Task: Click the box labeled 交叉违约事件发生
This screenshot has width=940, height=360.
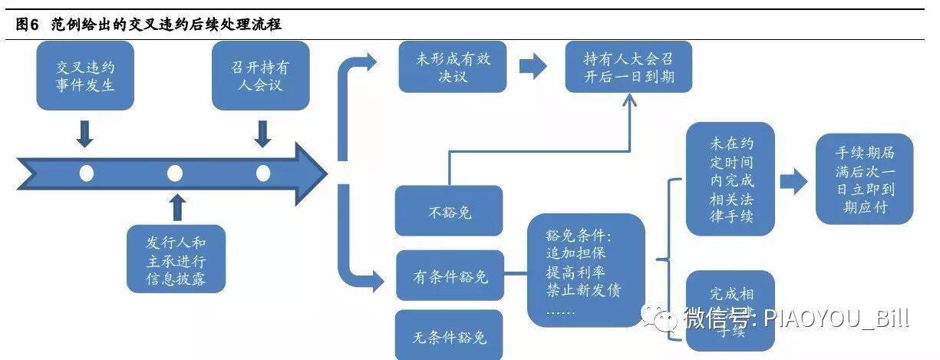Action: (x=86, y=76)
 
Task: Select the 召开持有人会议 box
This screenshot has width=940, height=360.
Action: (x=261, y=76)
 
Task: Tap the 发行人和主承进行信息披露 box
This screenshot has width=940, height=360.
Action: (x=176, y=259)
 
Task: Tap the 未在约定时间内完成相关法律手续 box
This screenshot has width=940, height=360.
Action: (x=730, y=179)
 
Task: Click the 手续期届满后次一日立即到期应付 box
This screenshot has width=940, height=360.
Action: (x=865, y=179)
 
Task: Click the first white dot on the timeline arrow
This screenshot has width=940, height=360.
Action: (x=87, y=173)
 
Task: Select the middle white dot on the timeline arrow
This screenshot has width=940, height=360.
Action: (x=175, y=173)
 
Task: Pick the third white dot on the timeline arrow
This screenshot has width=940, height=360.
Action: (x=263, y=173)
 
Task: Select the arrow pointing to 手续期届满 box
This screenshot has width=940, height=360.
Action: (x=793, y=182)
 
